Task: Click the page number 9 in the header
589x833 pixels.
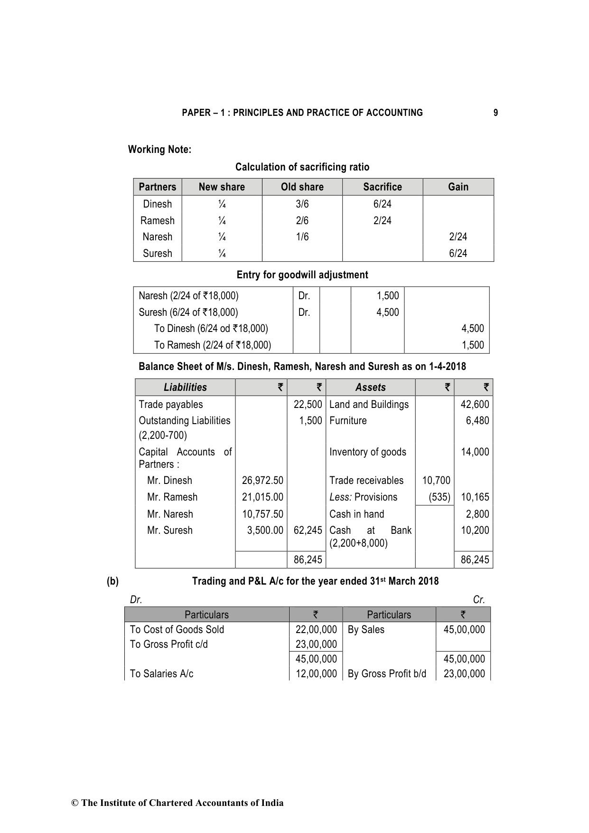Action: [x=496, y=113]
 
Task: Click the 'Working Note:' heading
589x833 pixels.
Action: [x=159, y=150]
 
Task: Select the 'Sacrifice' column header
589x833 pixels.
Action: [x=382, y=187]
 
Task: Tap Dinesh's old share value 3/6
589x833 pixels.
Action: [x=302, y=204]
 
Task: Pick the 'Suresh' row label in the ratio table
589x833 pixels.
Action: [x=158, y=254]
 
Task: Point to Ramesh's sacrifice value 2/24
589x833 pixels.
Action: [x=382, y=221]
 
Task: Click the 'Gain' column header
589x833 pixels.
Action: [x=458, y=187]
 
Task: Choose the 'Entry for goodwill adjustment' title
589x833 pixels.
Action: [x=302, y=275]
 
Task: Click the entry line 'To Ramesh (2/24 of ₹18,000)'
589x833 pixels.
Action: [x=212, y=345]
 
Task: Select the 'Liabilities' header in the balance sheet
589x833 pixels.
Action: [x=185, y=388]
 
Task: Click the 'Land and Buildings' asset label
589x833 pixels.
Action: [x=369, y=405]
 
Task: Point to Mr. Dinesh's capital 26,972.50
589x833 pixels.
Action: [x=262, y=481]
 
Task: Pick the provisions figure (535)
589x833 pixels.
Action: [x=439, y=497]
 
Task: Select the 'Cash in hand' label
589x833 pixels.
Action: [x=356, y=514]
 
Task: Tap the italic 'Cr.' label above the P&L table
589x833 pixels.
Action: [x=479, y=600]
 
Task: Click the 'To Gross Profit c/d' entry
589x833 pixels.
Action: [x=168, y=644]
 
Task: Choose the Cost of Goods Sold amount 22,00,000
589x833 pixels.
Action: [x=316, y=630]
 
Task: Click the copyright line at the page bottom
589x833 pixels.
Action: [x=177, y=803]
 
